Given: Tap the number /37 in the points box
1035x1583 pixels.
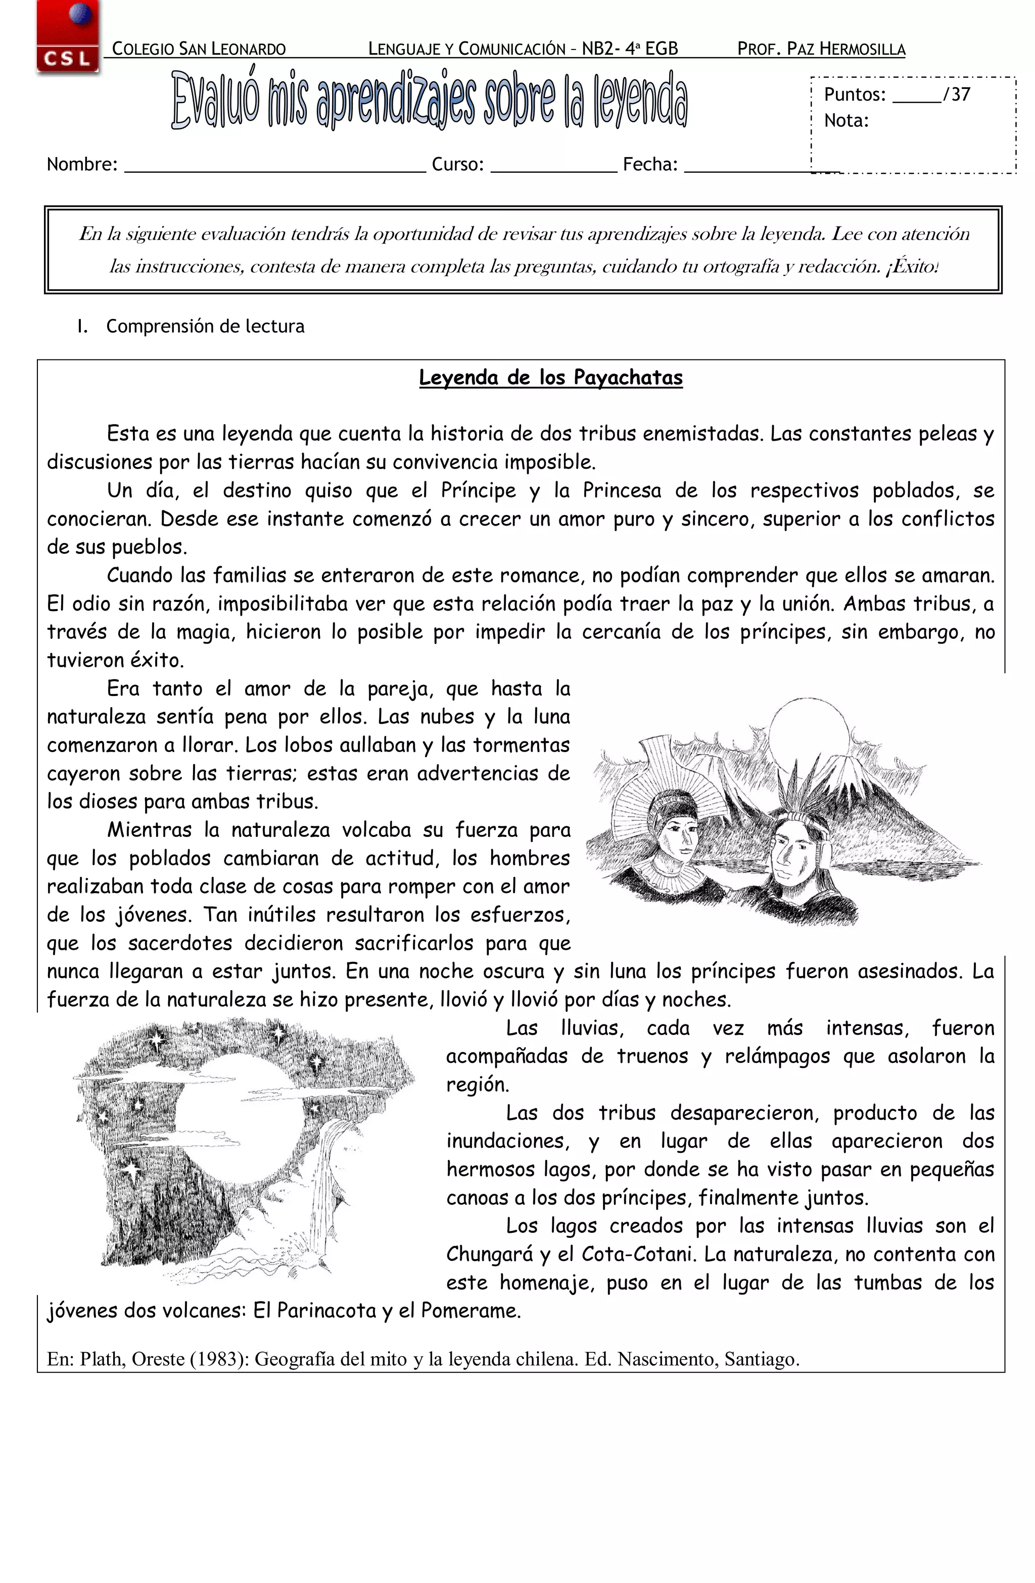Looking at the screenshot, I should point(957,95).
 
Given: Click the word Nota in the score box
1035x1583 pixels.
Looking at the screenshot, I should point(845,121).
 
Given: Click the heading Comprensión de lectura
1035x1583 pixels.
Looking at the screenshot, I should point(205,326).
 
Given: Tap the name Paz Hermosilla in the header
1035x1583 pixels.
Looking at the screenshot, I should point(845,49).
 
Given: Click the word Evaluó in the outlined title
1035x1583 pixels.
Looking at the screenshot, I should point(214,101).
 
